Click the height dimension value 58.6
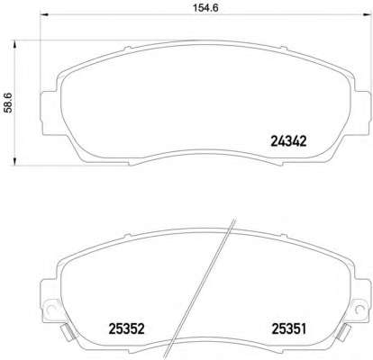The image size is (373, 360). click(x=8, y=103)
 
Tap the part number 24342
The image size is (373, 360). click(x=288, y=141)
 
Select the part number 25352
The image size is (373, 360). click(x=126, y=328)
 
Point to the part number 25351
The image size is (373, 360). click(x=289, y=328)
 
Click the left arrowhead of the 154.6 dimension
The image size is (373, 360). click(x=44, y=13)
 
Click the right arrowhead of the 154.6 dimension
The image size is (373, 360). click(x=368, y=13)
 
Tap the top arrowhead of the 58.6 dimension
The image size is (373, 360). click(x=14, y=44)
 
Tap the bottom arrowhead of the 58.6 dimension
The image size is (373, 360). click(x=14, y=161)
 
